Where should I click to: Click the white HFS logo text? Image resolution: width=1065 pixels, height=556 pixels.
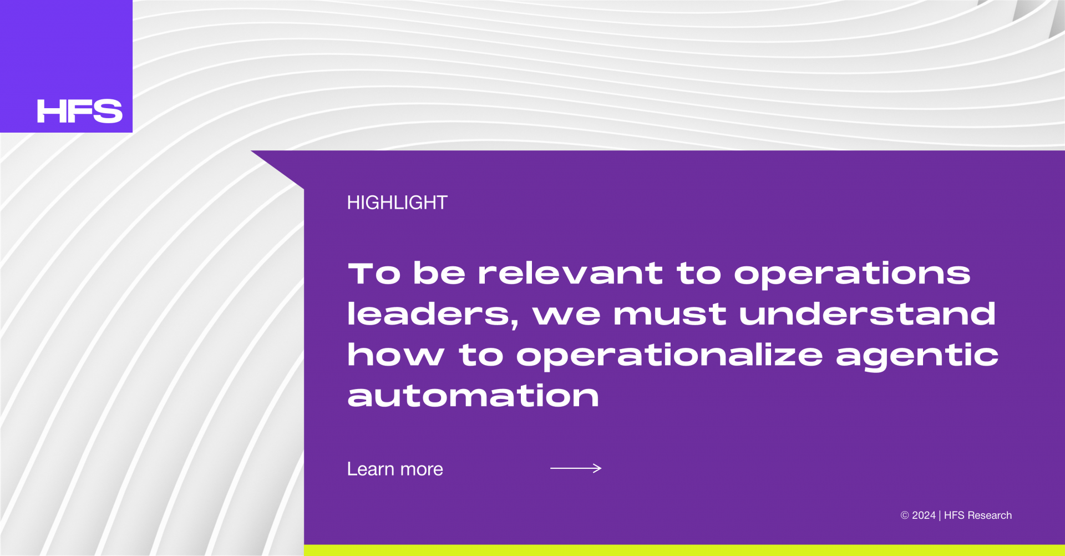point(79,111)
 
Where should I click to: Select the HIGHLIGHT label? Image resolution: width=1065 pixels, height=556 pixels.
point(397,203)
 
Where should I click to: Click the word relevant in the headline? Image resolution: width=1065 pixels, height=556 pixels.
point(570,273)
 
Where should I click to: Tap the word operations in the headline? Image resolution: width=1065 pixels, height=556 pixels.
point(852,274)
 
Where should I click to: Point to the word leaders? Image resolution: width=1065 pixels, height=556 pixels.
point(432,315)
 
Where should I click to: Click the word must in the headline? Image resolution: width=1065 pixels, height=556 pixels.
point(670,315)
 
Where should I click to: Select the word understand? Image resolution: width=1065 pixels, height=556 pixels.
point(867,314)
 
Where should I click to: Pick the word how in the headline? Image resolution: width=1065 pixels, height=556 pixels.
point(395,355)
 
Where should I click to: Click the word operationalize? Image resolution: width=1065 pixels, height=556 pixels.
point(670,356)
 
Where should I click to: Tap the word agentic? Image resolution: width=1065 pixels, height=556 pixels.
point(917,356)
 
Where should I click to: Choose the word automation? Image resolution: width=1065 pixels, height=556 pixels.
point(473,396)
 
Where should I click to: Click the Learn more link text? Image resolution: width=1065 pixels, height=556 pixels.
point(395,469)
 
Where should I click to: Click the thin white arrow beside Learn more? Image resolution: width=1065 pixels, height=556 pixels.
point(576,468)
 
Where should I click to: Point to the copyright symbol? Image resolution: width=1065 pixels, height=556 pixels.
point(905,515)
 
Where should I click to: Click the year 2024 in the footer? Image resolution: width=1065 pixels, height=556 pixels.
point(924,515)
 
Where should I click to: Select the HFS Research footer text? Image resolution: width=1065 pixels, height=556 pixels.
point(978,515)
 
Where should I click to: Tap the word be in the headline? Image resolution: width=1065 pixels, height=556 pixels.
point(439,273)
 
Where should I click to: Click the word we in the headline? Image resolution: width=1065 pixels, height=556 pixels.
point(566,315)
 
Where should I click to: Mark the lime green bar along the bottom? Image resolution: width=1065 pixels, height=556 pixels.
point(684,550)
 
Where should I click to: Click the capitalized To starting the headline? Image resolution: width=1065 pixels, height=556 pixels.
point(374,274)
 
